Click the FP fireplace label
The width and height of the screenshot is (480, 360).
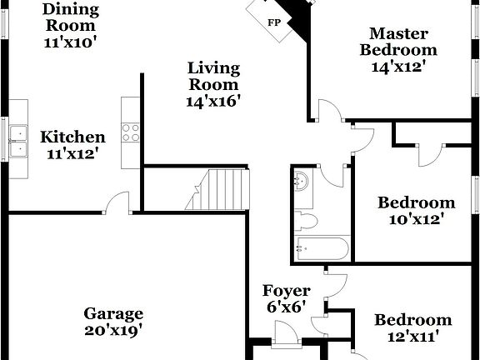[x=273, y=22]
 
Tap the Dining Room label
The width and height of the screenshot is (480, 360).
[x=71, y=10]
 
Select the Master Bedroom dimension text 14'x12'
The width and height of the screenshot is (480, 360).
[x=399, y=67]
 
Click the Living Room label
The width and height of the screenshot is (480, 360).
[x=213, y=76]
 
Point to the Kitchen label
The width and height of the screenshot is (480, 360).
[x=73, y=137]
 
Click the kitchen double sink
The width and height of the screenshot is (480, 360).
[x=18, y=142]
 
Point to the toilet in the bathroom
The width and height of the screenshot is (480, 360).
[x=305, y=221]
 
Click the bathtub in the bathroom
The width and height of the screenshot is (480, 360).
[x=322, y=248]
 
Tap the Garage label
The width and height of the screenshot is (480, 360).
[x=113, y=314]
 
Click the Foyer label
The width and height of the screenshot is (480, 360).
[x=286, y=292]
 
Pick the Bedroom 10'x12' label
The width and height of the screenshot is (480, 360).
[x=416, y=202]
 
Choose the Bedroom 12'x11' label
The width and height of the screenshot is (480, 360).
[x=412, y=321]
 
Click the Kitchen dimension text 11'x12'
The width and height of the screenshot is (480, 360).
[x=73, y=154]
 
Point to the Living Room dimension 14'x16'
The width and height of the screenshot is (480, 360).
[x=213, y=101]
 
